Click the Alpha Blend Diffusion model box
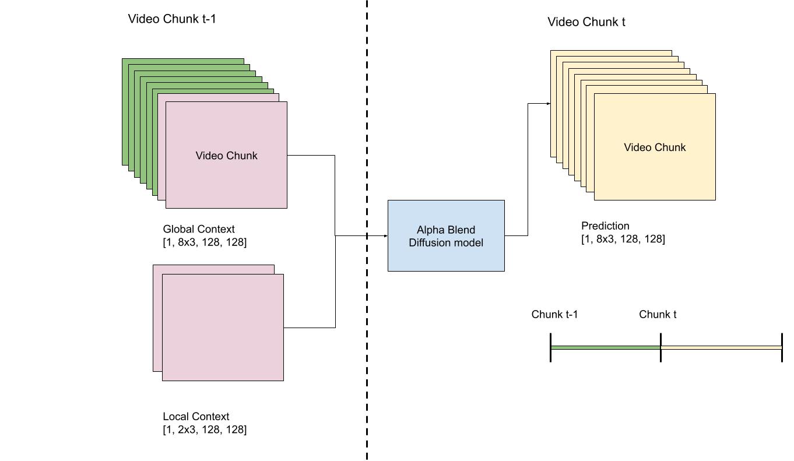tap(446, 236)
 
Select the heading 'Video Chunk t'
tap(586, 22)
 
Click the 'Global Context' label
tap(199, 229)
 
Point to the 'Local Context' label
tap(196, 416)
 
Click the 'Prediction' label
tap(605, 226)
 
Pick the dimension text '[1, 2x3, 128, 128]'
tap(205, 430)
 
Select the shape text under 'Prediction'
tap(623, 238)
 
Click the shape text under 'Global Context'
tap(205, 242)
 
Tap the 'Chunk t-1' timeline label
tap(554, 315)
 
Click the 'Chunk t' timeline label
tap(658, 315)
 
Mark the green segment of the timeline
tap(605, 347)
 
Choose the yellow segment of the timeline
tap(721, 347)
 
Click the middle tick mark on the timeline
tap(661, 347)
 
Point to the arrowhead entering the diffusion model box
tap(385, 235)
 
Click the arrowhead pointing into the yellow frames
tap(548, 104)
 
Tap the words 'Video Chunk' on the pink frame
tap(226, 156)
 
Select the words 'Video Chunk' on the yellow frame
tap(655, 147)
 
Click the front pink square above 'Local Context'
tap(223, 328)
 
